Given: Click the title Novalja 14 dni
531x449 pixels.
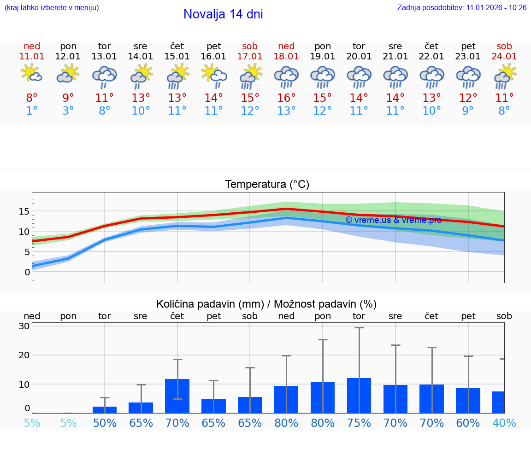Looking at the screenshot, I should tap(223, 14).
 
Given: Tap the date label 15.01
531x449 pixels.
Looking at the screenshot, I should tap(177, 57).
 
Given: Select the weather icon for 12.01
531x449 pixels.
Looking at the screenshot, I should tap(68, 74).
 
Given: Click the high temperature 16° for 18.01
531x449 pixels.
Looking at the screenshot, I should tap(286, 98).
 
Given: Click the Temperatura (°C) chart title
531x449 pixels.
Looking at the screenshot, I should tap(267, 185).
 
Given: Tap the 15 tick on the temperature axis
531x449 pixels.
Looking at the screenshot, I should tap(24, 211).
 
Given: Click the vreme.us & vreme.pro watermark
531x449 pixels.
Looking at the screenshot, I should tap(393, 220).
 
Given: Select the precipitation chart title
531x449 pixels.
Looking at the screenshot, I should tap(266, 304).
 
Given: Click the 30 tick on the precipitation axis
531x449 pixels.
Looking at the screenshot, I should tap(24, 326).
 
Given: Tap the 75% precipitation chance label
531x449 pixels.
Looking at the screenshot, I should tap(359, 423).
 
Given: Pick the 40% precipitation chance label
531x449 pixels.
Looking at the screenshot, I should tap(504, 423).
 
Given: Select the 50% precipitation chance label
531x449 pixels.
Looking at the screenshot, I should tap(105, 423).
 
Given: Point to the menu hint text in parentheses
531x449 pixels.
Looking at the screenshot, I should tap(52, 8).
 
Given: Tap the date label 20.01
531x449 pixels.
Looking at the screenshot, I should tap(359, 57).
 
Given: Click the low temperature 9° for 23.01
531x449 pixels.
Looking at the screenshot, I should tap(468, 111).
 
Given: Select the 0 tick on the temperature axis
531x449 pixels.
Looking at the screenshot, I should tap(27, 272).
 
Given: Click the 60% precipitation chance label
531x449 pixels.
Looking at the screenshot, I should tap(468, 423).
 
